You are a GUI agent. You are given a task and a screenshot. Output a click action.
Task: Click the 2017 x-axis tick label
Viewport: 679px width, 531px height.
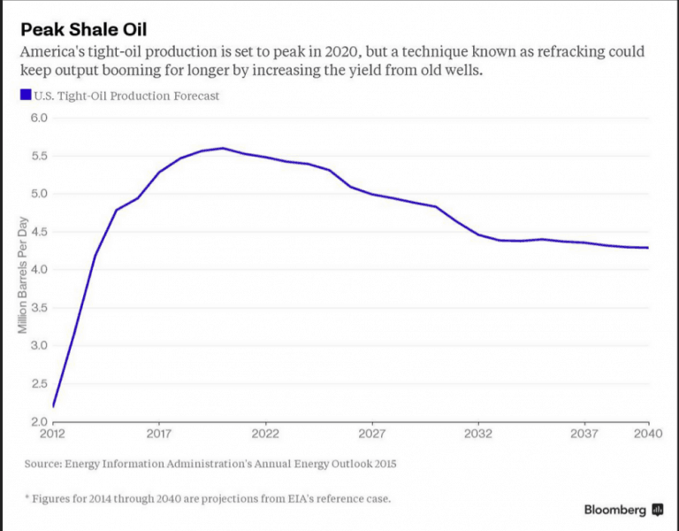coord(159,434)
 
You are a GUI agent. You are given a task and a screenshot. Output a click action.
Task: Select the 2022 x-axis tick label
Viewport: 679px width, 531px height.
coord(265,434)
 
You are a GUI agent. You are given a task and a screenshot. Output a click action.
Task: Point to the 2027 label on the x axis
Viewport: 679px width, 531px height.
coord(372,434)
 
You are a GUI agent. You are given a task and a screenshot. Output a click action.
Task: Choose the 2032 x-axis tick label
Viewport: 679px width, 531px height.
coord(478,434)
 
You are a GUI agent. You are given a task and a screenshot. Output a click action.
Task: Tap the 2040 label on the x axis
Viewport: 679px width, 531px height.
coord(647,434)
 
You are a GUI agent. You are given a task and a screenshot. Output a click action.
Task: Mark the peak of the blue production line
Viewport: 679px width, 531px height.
coord(223,149)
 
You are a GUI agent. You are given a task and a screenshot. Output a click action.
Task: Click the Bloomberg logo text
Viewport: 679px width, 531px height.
coord(614,510)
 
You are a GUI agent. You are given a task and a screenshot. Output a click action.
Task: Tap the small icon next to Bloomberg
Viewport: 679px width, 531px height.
coord(657,510)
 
